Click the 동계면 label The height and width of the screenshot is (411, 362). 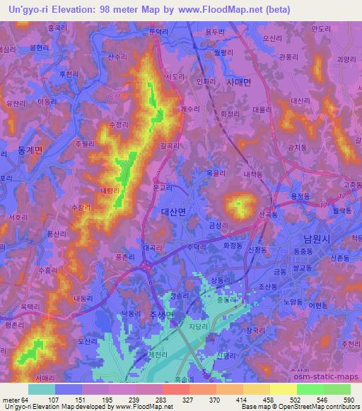pos(30,150)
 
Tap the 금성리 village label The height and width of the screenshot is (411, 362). pos(219,225)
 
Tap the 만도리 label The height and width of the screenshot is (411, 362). pos(321,28)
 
